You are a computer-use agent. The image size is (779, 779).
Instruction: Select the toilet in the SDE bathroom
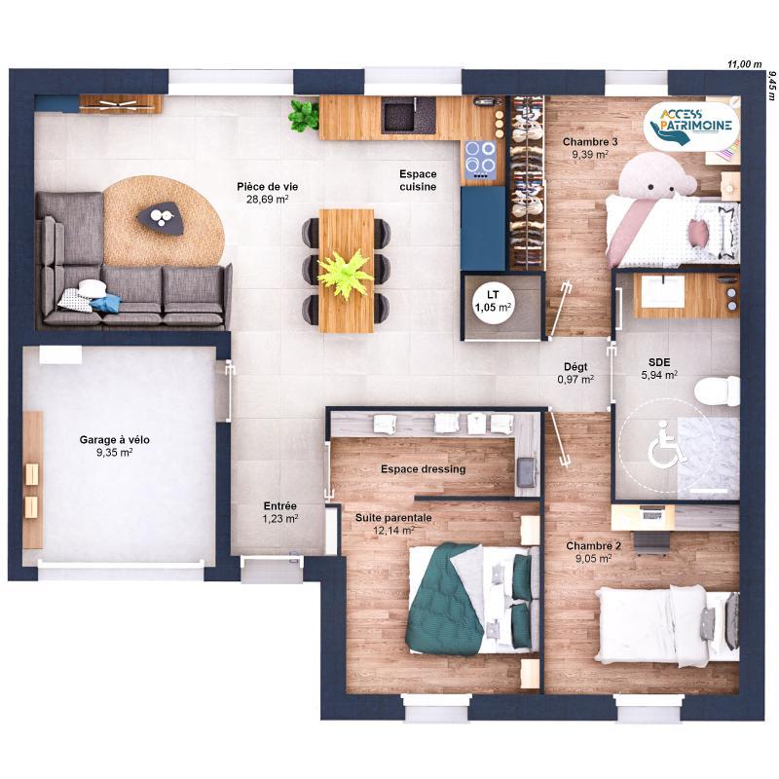tap(718, 389)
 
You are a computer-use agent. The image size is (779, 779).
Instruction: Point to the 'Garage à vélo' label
tap(114, 445)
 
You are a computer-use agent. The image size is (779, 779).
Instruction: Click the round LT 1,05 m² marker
tap(492, 300)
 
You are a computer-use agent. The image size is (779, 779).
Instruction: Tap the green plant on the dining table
tap(345, 272)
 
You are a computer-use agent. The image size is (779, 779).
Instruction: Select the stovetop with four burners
tap(480, 159)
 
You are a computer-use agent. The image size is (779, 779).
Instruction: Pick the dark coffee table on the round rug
tap(161, 217)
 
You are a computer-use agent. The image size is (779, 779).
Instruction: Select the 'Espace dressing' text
tap(423, 468)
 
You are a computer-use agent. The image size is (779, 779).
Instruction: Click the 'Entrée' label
tap(279, 512)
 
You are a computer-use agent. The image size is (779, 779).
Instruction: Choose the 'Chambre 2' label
tap(593, 551)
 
